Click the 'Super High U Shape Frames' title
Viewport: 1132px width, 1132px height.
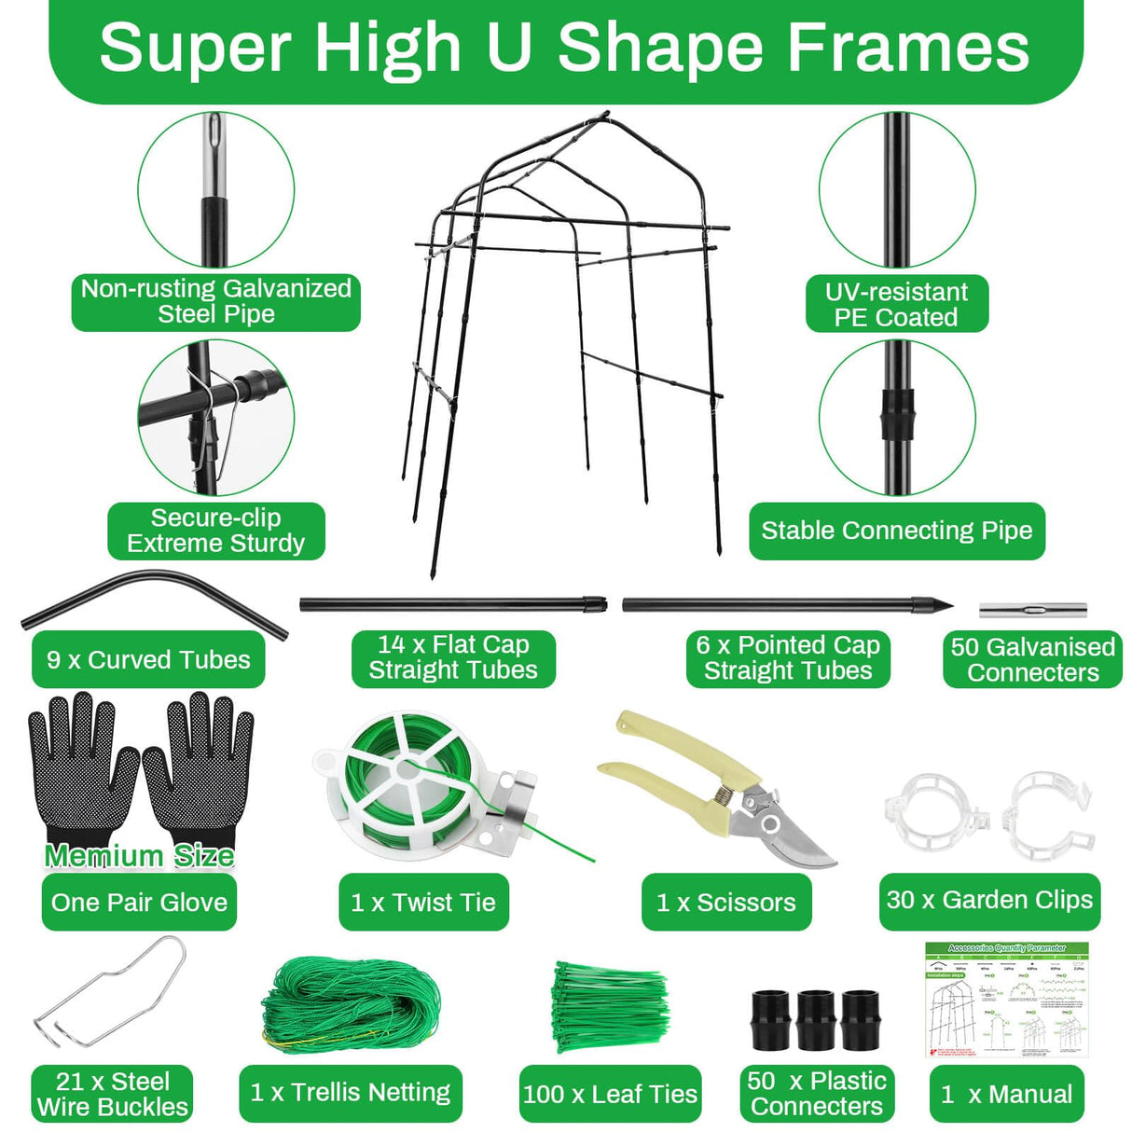[x=564, y=48]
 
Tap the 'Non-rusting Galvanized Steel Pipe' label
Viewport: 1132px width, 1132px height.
[x=215, y=301]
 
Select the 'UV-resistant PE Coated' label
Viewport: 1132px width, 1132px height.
[x=896, y=304]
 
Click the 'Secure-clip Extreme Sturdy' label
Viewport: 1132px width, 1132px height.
[x=215, y=531]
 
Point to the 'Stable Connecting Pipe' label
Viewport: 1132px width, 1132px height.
[x=896, y=531]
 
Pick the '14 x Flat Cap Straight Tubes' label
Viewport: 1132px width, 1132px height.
[x=453, y=657]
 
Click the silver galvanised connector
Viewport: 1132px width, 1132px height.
[x=1032, y=611]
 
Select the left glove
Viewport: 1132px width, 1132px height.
[x=82, y=765]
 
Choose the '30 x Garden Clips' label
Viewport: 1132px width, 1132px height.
[x=989, y=900]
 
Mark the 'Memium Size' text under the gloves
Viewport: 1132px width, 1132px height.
[x=139, y=855]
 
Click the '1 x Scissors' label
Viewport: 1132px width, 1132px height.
[x=725, y=902]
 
